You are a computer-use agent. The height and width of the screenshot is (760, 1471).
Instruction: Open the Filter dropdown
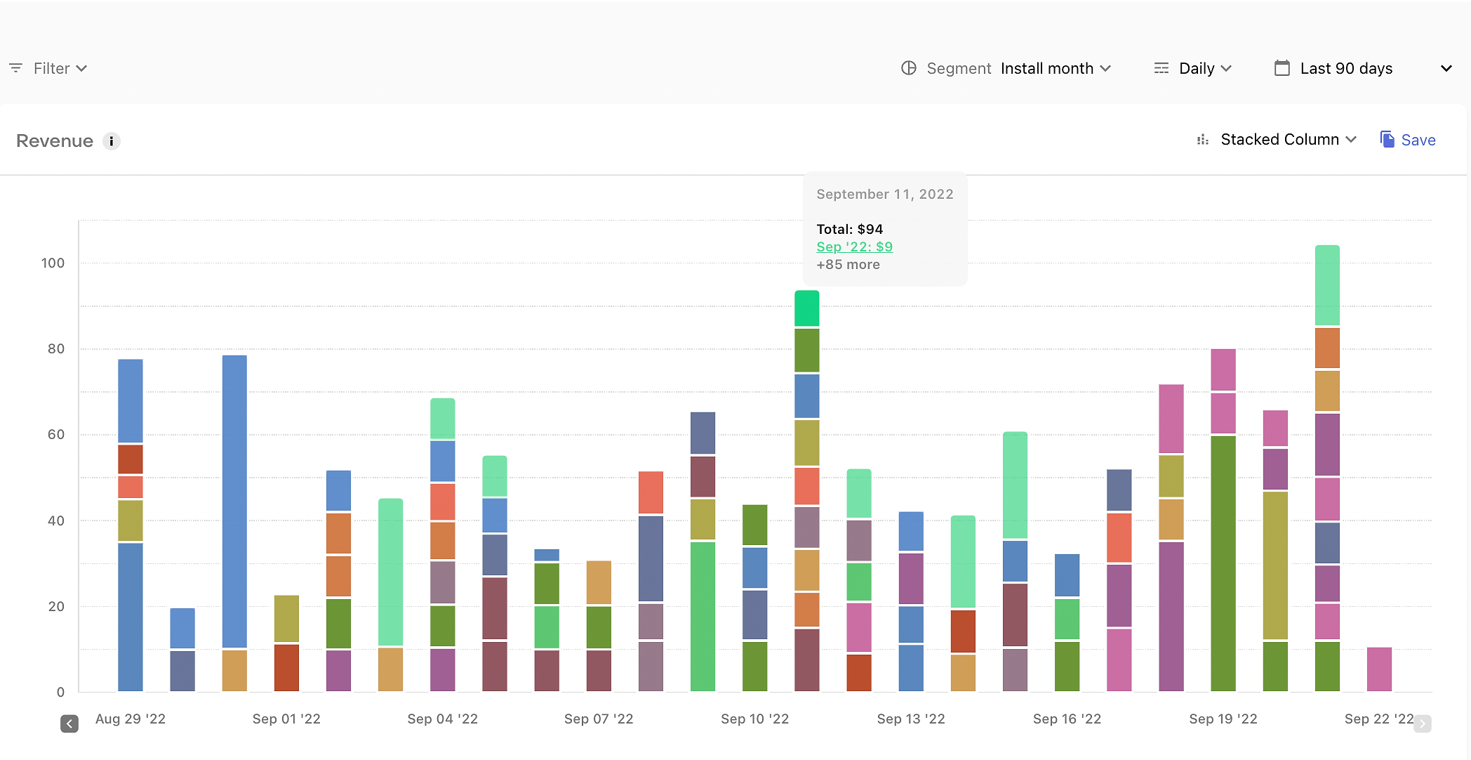pyautogui.click(x=48, y=68)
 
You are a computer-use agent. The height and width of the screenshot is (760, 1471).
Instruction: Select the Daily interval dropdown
pyautogui.click(x=1193, y=68)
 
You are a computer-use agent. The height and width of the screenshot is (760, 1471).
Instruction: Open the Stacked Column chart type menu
pyautogui.click(x=1277, y=140)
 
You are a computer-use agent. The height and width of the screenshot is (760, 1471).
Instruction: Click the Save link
pyautogui.click(x=1408, y=140)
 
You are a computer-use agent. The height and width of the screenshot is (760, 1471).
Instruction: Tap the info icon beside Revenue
pyautogui.click(x=112, y=141)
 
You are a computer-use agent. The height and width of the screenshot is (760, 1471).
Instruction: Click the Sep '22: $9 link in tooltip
pyautogui.click(x=854, y=247)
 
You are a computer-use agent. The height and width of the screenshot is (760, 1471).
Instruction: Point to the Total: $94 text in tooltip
pyautogui.click(x=849, y=229)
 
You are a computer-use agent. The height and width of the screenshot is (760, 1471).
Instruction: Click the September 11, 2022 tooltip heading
pyautogui.click(x=884, y=194)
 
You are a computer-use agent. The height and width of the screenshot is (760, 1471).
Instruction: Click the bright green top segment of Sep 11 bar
pyautogui.click(x=806, y=308)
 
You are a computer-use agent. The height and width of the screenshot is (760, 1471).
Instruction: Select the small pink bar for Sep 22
pyautogui.click(x=1379, y=669)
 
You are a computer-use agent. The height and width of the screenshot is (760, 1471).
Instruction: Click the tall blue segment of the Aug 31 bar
pyautogui.click(x=234, y=502)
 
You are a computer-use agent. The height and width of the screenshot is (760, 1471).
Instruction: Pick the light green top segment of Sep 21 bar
pyautogui.click(x=1327, y=285)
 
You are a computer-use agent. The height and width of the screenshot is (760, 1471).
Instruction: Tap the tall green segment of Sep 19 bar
pyautogui.click(x=1223, y=563)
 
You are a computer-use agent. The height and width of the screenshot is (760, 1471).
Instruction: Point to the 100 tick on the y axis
pyautogui.click(x=53, y=263)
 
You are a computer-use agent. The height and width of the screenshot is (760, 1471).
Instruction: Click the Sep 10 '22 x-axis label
pyautogui.click(x=754, y=719)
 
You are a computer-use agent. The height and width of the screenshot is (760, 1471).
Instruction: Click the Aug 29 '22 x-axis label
pyautogui.click(x=131, y=719)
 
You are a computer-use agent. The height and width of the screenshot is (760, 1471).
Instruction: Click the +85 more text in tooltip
pyautogui.click(x=848, y=265)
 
